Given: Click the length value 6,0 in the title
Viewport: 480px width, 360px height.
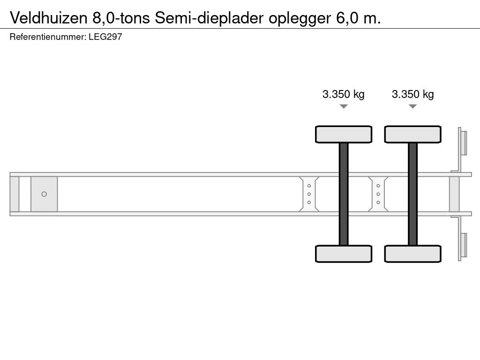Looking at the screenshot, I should [x=346, y=18].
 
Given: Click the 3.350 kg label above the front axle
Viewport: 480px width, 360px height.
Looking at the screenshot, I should [x=343, y=94].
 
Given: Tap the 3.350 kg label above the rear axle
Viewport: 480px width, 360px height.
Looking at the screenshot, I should [x=412, y=94].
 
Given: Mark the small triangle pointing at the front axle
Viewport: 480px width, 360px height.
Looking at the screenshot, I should [x=344, y=106].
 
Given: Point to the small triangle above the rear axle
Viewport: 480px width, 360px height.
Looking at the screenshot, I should [x=412, y=106].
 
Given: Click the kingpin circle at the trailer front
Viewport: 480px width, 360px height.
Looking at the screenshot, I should [x=44, y=194].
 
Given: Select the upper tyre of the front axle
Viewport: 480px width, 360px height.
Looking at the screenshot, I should [x=344, y=134].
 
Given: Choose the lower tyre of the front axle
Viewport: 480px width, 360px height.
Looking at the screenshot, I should [x=344, y=254].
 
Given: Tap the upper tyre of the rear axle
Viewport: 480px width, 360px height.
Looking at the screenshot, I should [x=412, y=134].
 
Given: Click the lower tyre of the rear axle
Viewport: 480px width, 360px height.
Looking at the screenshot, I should [x=412, y=254].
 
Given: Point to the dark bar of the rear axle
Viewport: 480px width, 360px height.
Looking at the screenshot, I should [x=412, y=194].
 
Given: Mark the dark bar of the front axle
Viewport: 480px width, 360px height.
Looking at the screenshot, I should [x=344, y=194].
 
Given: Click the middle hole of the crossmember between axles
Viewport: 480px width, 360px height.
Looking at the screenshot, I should [x=378, y=194].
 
